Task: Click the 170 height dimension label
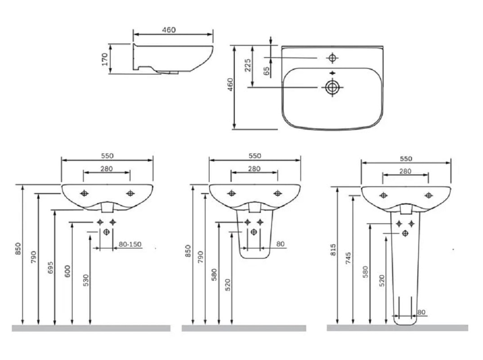pyautogui.click(x=105, y=59)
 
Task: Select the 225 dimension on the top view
pyautogui.click(x=248, y=65)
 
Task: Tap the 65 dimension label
pyautogui.click(x=267, y=72)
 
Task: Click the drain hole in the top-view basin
pyautogui.click(x=332, y=88)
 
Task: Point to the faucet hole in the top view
pyautogui.click(x=332, y=58)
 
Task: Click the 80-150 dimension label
pyautogui.click(x=130, y=244)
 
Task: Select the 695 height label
pyautogui.click(x=50, y=268)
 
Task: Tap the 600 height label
pyautogui.click(x=68, y=271)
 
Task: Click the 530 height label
pyautogui.click(x=85, y=280)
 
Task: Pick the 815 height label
pyautogui.click(x=333, y=250)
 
